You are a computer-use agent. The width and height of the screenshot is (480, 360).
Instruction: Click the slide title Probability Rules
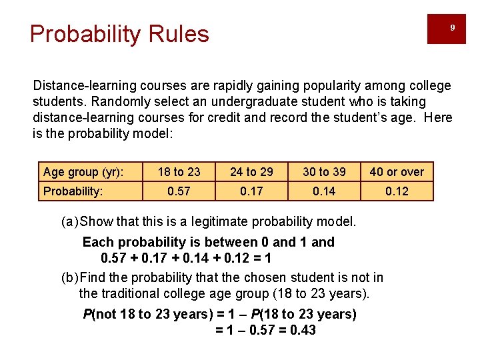(119, 33)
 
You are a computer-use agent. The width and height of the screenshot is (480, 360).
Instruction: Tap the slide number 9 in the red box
(452, 28)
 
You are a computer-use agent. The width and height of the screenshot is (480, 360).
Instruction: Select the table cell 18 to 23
(179, 172)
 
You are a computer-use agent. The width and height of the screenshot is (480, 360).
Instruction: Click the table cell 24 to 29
(251, 172)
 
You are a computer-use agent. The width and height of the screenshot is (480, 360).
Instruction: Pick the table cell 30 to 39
(324, 172)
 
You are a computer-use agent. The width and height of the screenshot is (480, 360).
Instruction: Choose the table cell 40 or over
(397, 172)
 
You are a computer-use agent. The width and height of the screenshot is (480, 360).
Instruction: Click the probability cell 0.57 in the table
(179, 191)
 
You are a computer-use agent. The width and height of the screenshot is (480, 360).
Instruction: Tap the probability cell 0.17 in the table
(251, 191)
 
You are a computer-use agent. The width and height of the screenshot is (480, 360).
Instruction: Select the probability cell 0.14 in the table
(324, 191)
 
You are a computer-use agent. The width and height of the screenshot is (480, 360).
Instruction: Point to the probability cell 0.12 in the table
(397, 191)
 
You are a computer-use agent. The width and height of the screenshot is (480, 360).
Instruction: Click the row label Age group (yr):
(83, 172)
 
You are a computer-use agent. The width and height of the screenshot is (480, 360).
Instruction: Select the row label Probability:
(73, 191)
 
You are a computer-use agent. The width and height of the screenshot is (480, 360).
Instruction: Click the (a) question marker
(69, 221)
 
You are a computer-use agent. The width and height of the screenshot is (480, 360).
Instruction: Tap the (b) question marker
(69, 277)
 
